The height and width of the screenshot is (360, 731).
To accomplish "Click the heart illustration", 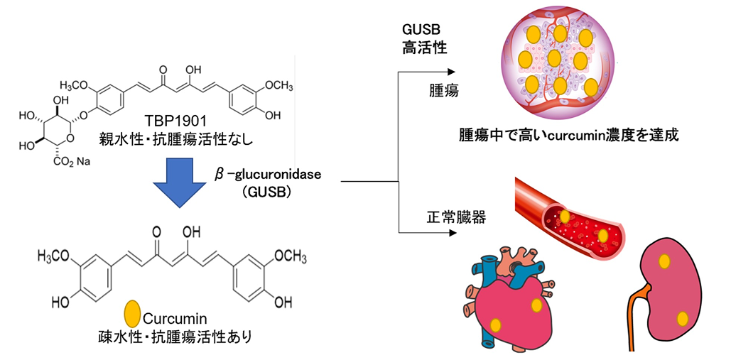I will (507, 298).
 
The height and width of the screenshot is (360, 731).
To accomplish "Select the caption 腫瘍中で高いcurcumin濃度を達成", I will (568, 135).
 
